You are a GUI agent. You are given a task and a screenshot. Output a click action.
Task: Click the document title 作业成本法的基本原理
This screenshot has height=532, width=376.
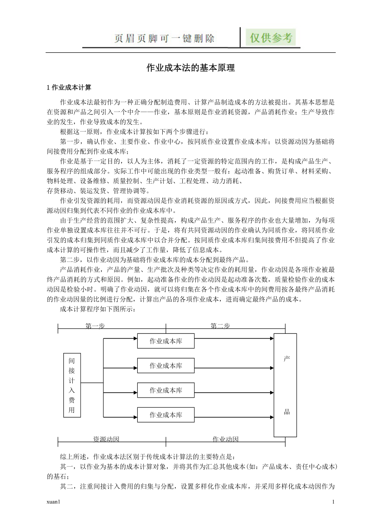190,68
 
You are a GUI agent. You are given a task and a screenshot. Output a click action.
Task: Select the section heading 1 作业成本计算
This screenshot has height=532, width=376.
69,87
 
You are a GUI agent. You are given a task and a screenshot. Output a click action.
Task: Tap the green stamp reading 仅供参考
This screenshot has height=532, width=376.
271,38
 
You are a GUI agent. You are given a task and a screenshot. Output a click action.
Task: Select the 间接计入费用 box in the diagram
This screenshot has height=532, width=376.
72,385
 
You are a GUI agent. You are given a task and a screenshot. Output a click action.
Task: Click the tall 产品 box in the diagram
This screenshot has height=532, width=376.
285,385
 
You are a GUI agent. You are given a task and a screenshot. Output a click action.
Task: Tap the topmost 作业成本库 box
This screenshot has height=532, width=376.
166,341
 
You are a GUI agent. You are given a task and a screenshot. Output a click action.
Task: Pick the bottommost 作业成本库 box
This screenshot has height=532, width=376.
166,415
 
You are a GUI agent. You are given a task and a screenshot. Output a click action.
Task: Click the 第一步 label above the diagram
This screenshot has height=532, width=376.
95,326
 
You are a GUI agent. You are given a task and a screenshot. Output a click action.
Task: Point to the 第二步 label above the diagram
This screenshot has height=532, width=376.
220,326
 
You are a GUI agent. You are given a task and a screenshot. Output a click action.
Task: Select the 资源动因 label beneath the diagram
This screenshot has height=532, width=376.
106,439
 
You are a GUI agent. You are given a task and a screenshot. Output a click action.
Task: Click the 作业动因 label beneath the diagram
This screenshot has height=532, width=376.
225,439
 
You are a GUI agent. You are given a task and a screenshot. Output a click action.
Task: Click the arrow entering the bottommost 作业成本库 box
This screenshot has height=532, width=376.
121,417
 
